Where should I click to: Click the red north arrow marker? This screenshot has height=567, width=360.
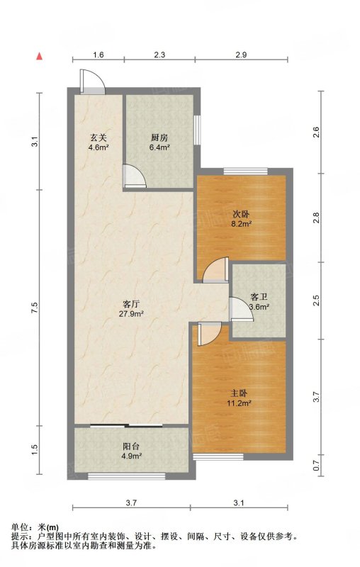coord(40,56)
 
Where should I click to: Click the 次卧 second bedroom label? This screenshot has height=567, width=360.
coord(241,215)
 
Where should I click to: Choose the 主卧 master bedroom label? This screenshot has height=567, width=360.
coord(239,393)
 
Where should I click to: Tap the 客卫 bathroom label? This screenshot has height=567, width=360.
coord(259,297)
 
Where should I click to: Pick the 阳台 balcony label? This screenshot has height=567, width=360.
coord(131,447)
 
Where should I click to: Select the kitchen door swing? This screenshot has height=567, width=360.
coord(135,176)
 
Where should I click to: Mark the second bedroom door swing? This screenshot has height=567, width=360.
coord(215,269)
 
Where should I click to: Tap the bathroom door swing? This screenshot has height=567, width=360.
coord(242,309)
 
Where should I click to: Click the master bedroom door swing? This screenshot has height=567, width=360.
coord(209,334)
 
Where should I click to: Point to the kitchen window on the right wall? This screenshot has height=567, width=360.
coord(197,130)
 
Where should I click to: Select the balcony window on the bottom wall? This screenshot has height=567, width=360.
coord(127,476)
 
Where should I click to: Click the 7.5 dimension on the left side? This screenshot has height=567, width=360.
coord(34,308)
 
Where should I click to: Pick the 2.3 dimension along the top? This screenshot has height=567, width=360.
coord(159,55)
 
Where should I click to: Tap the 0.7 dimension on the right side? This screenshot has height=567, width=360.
coord(316,465)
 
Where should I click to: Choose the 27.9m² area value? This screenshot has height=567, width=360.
coord(132,313)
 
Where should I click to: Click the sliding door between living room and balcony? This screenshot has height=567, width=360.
coord(126,425)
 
